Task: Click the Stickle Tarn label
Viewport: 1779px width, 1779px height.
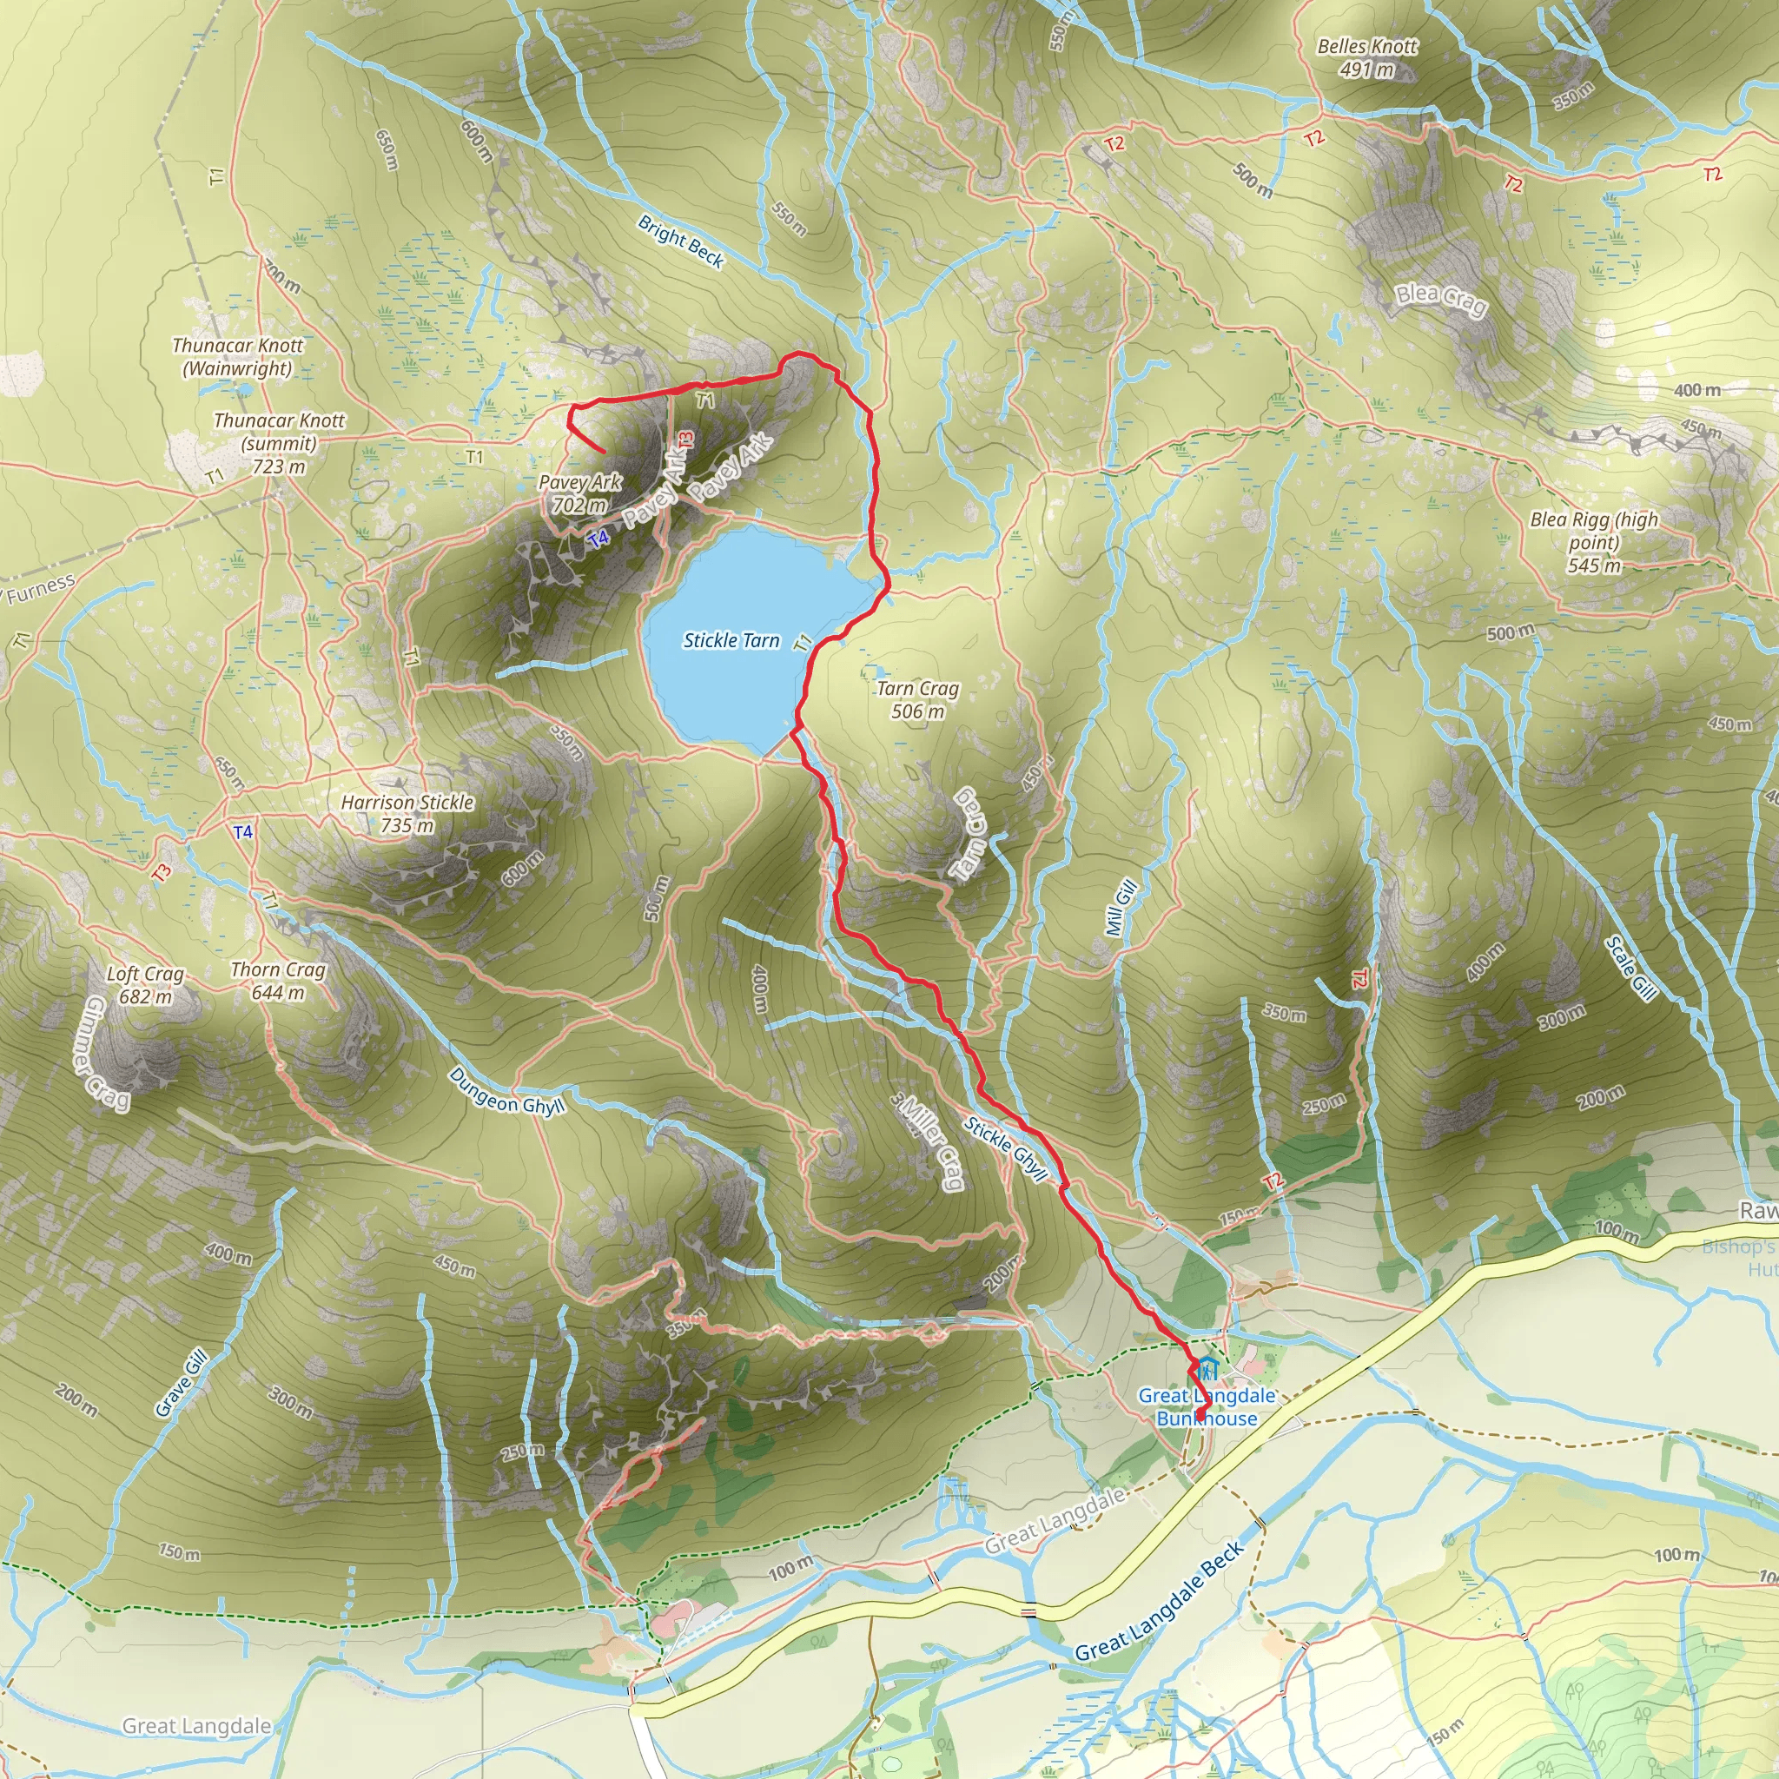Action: pyautogui.click(x=731, y=641)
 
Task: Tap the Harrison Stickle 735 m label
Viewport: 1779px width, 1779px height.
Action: pyautogui.click(x=407, y=814)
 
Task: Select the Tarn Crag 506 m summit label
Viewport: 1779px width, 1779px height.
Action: pyautogui.click(x=917, y=700)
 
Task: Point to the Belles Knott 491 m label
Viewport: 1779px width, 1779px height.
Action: pyautogui.click(x=1367, y=58)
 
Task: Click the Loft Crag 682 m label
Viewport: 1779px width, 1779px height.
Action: pyautogui.click(x=145, y=985)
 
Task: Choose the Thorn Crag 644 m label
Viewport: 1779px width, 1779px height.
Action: pyautogui.click(x=278, y=981)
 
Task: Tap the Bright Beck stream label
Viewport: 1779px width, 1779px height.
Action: pyautogui.click(x=681, y=241)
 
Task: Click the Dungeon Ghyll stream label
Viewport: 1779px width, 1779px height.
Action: pyautogui.click(x=506, y=1092)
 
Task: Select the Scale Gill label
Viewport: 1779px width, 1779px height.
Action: pyautogui.click(x=1630, y=969)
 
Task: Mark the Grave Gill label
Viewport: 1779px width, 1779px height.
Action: pyautogui.click(x=182, y=1382)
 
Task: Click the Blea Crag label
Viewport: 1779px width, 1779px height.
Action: pyautogui.click(x=1441, y=300)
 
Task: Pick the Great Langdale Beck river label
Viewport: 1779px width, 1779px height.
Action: pyautogui.click(x=1161, y=1601)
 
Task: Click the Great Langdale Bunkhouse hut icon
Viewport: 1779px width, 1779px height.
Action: pyautogui.click(x=1208, y=1367)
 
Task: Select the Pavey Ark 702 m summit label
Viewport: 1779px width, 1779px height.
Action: pyautogui.click(x=580, y=493)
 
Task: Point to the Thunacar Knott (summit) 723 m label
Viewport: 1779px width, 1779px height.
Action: pyautogui.click(x=279, y=443)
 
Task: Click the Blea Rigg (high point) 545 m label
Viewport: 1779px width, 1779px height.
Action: pyautogui.click(x=1595, y=542)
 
